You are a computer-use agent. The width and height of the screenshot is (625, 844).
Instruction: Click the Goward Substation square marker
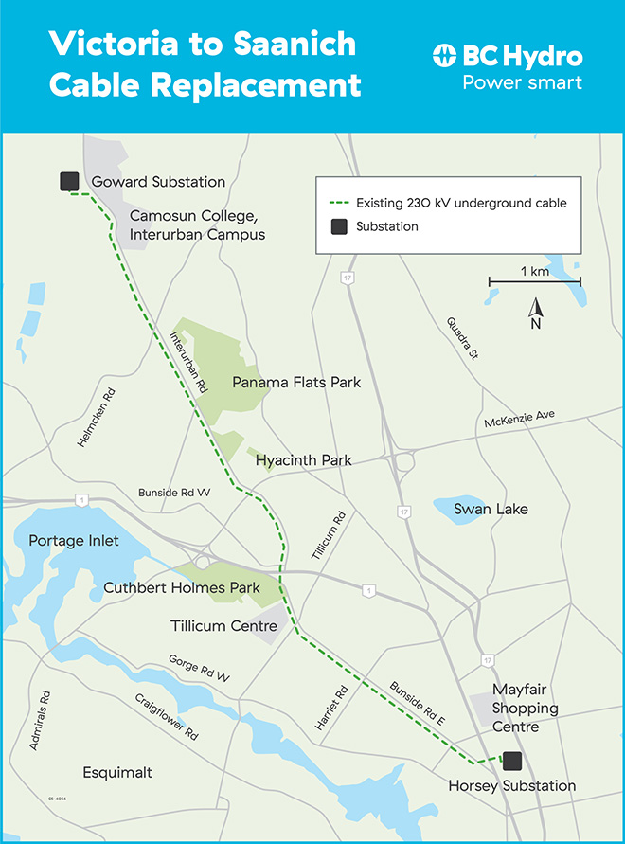tap(68, 182)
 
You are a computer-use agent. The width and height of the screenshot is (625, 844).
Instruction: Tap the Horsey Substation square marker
tap(512, 760)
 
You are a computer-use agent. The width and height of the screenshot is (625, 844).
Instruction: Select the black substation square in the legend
tap(336, 226)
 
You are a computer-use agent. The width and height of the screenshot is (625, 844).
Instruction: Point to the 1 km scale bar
tap(534, 281)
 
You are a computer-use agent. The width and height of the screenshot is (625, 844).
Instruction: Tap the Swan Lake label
tap(491, 510)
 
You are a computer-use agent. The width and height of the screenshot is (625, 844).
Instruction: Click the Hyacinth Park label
tap(303, 460)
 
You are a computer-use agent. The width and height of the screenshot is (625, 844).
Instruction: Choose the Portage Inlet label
tap(71, 541)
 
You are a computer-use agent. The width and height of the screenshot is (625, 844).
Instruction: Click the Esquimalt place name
tap(117, 773)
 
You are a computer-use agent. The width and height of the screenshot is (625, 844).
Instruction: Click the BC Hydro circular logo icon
tap(445, 56)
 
